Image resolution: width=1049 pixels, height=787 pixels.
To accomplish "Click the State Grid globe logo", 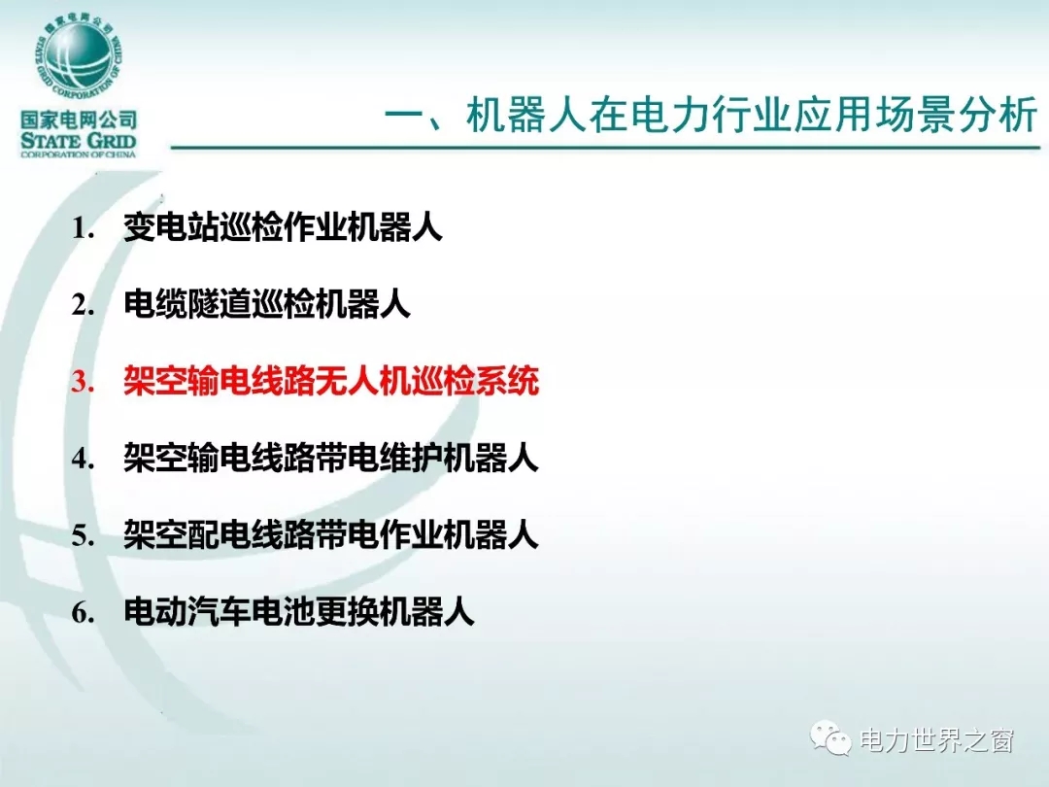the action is tap(79, 57).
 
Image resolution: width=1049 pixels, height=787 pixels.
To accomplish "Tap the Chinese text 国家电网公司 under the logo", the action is tap(79, 120).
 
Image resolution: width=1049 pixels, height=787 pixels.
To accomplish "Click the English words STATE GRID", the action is tap(79, 141).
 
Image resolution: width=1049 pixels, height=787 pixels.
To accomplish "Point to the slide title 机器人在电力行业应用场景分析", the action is tap(751, 115).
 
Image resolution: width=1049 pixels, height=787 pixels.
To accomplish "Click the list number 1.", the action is tap(83, 228).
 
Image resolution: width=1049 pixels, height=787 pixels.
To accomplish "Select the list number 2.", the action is tap(83, 305).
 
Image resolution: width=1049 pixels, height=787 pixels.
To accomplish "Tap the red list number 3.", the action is tap(83, 382).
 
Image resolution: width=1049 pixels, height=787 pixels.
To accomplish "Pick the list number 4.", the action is tap(83, 459).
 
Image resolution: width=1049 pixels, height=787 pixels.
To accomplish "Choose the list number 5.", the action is tap(83, 535).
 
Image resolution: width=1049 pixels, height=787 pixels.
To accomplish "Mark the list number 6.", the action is tap(83, 612).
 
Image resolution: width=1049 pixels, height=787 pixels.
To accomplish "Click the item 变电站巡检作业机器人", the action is tap(283, 227).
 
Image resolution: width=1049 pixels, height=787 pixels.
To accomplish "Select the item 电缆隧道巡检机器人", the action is tap(266, 304).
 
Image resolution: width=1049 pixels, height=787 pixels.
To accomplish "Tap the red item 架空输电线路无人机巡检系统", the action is tap(331, 382).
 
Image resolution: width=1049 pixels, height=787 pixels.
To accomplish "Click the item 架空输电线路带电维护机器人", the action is tap(331, 458).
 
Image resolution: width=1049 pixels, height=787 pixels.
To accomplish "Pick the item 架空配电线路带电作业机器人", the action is tap(331, 534).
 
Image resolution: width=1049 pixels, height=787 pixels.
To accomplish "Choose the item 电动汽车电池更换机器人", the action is tap(299, 612).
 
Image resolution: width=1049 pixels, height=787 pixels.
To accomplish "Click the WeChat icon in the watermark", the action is tap(830, 737).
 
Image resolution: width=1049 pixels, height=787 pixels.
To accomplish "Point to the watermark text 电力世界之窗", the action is tap(936, 740).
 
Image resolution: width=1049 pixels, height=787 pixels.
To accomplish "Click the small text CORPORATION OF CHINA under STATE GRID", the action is tap(79, 154).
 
